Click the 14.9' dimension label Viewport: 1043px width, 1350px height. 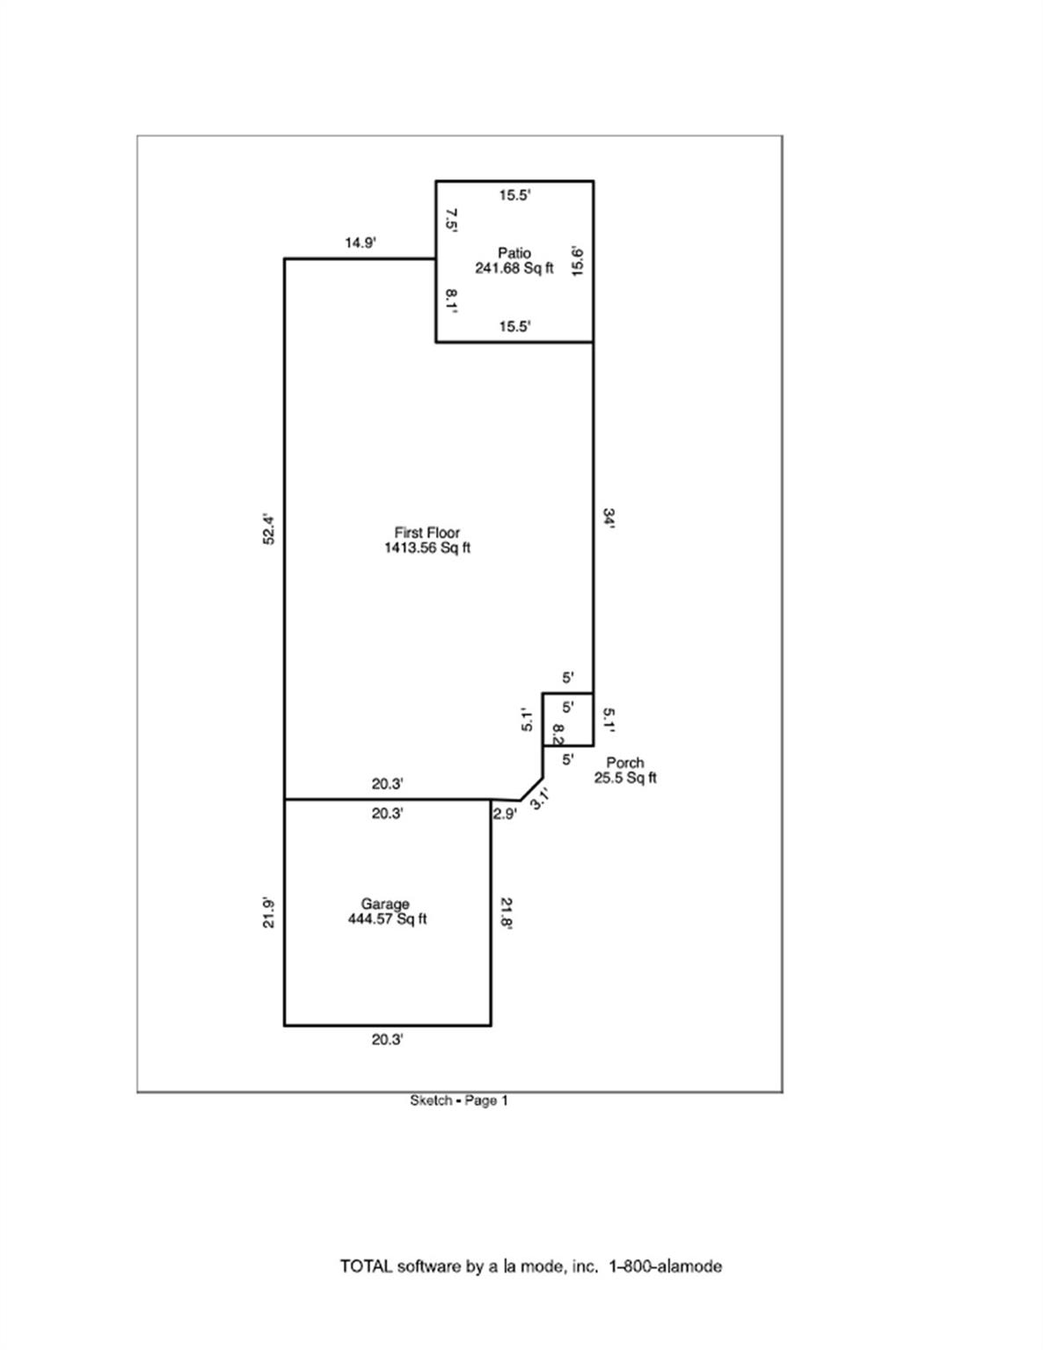[360, 243]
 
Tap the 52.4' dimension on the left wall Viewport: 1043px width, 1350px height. [270, 529]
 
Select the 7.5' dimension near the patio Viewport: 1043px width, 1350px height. [451, 220]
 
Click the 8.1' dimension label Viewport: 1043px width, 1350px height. [451, 300]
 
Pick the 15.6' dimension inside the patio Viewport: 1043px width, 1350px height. [578, 261]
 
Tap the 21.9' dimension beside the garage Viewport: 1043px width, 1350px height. [270, 912]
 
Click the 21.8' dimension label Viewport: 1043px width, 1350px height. [507, 912]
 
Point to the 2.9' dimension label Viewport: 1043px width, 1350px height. [505, 814]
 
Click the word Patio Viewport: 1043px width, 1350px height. [514, 253]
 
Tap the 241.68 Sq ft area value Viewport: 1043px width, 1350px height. [514, 268]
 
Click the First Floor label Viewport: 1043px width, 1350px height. [427, 533]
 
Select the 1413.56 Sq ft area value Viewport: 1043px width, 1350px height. [427, 548]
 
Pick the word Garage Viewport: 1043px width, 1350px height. [385, 904]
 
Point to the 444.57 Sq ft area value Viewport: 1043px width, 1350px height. [388, 919]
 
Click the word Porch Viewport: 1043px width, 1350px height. [625, 762]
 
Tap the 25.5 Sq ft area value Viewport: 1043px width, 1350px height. [625, 778]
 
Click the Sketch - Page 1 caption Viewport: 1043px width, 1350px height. [459, 1100]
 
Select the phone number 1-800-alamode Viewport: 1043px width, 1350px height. [665, 1267]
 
